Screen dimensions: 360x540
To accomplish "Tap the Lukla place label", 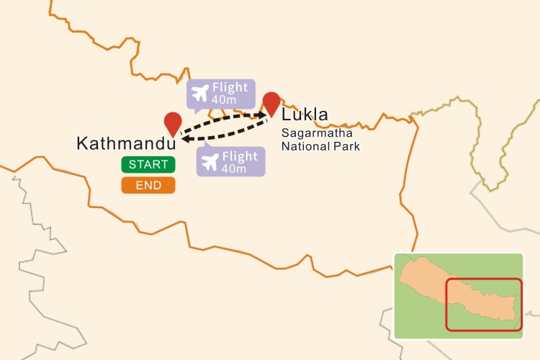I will pos(305,115).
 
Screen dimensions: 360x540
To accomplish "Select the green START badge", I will pos(148,165).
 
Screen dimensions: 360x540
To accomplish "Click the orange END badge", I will pos(148,186).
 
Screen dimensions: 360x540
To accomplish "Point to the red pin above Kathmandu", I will pos(173,123).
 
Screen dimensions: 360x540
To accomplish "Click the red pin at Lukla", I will pos(271,103).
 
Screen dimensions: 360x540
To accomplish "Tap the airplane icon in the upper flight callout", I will pos(200,93).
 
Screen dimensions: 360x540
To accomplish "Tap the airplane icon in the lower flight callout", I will pos(211,161).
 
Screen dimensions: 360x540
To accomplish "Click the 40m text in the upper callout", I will pos(225,99).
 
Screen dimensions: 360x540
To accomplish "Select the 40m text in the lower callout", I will pos(235,168).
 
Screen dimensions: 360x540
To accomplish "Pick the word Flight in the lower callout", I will pos(240,156).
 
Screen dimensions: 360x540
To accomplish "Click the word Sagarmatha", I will pos(317,134).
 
